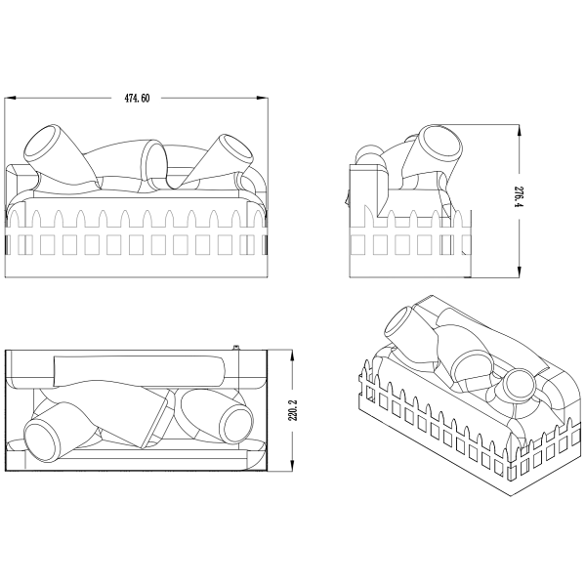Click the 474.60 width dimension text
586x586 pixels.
pos(137,99)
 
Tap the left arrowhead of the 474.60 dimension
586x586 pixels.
pos(9,99)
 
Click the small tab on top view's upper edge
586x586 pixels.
pos(237,347)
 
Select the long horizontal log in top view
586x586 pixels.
pos(137,369)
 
